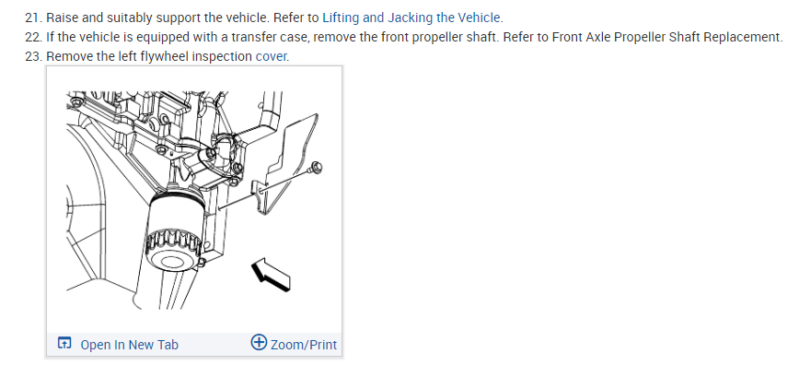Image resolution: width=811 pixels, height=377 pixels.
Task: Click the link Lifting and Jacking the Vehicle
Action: [x=412, y=18]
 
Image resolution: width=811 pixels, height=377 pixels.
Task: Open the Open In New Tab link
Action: [x=129, y=345]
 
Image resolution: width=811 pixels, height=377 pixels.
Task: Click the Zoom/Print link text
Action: [x=304, y=345]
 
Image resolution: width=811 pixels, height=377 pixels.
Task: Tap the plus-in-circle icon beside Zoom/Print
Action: [x=259, y=344]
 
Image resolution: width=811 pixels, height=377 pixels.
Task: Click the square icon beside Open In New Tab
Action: [x=64, y=345]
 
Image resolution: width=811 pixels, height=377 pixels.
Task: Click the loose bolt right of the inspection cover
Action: [x=316, y=169]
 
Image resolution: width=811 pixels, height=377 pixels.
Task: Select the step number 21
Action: [x=33, y=18]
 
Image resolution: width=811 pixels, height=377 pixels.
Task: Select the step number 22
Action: [x=33, y=37]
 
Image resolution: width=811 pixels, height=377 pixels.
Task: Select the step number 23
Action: [x=33, y=56]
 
